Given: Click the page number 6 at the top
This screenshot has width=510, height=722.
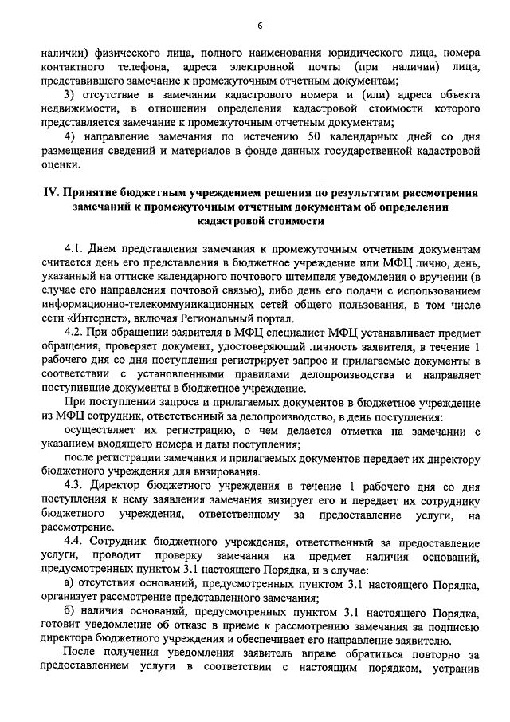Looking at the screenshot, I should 260,26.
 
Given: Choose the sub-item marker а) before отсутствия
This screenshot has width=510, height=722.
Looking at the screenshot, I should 69,586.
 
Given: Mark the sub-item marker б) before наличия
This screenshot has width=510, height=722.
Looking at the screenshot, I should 69,613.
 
